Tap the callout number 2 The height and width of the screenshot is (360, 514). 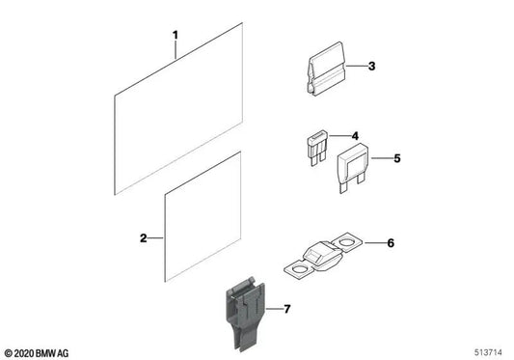coord(144,237)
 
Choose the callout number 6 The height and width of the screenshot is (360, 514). coord(392,242)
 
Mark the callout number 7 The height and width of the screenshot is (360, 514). coord(284,309)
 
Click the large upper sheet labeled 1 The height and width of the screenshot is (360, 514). coord(178,106)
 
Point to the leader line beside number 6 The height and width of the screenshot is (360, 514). coord(373,243)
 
